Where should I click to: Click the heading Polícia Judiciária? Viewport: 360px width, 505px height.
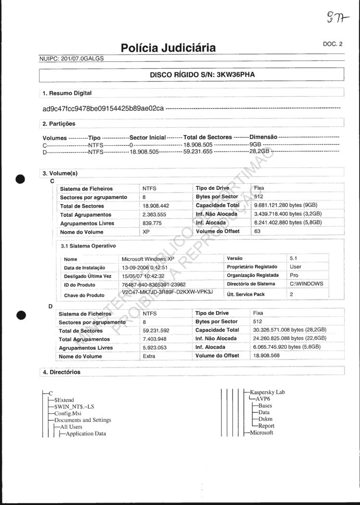click(168, 47)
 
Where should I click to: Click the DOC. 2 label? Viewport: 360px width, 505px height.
click(333, 44)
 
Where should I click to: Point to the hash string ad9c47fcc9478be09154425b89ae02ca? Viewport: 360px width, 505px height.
click(103, 108)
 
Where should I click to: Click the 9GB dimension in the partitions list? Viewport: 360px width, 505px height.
click(255, 144)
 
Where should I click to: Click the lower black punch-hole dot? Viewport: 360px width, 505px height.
click(20, 315)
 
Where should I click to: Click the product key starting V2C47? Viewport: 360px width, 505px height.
click(168, 293)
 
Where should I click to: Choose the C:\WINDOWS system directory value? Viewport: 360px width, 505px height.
click(307, 284)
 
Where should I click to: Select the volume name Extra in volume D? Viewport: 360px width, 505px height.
click(149, 356)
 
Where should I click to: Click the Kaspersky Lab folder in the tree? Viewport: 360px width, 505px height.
click(267, 392)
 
